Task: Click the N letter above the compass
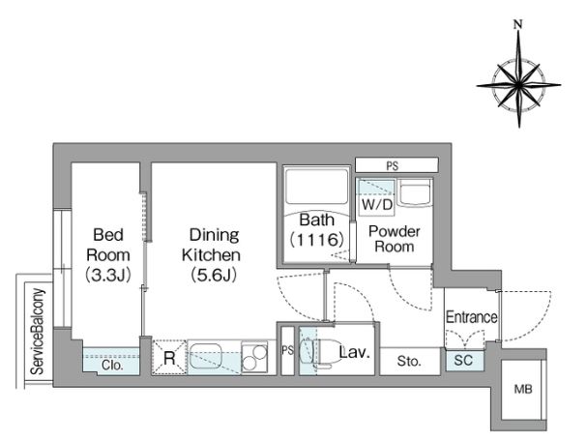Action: pyautogui.click(x=518, y=25)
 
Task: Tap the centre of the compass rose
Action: pyautogui.click(x=518, y=86)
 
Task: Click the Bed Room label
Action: pyautogui.click(x=108, y=245)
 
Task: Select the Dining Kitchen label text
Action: pyautogui.click(x=212, y=245)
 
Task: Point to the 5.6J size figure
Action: pyautogui.click(x=214, y=276)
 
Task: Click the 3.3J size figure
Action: pyautogui.click(x=108, y=276)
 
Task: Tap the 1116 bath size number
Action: pyautogui.click(x=316, y=240)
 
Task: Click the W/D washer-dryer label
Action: pyautogui.click(x=376, y=205)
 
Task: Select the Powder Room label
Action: pyautogui.click(x=395, y=239)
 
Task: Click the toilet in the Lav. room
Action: pyautogui.click(x=318, y=351)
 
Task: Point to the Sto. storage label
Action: pyautogui.click(x=409, y=362)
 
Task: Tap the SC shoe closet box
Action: pyautogui.click(x=464, y=360)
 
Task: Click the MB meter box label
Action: pyautogui.click(x=523, y=390)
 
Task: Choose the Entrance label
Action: pyautogui.click(x=472, y=317)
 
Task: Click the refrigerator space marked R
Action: pyautogui.click(x=169, y=358)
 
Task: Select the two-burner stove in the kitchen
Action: pyautogui.click(x=254, y=357)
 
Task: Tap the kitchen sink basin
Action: pyautogui.click(x=204, y=356)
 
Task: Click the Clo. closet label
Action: pyautogui.click(x=111, y=365)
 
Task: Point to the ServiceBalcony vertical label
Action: pyautogui.click(x=38, y=332)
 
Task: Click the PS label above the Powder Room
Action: pyautogui.click(x=393, y=165)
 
